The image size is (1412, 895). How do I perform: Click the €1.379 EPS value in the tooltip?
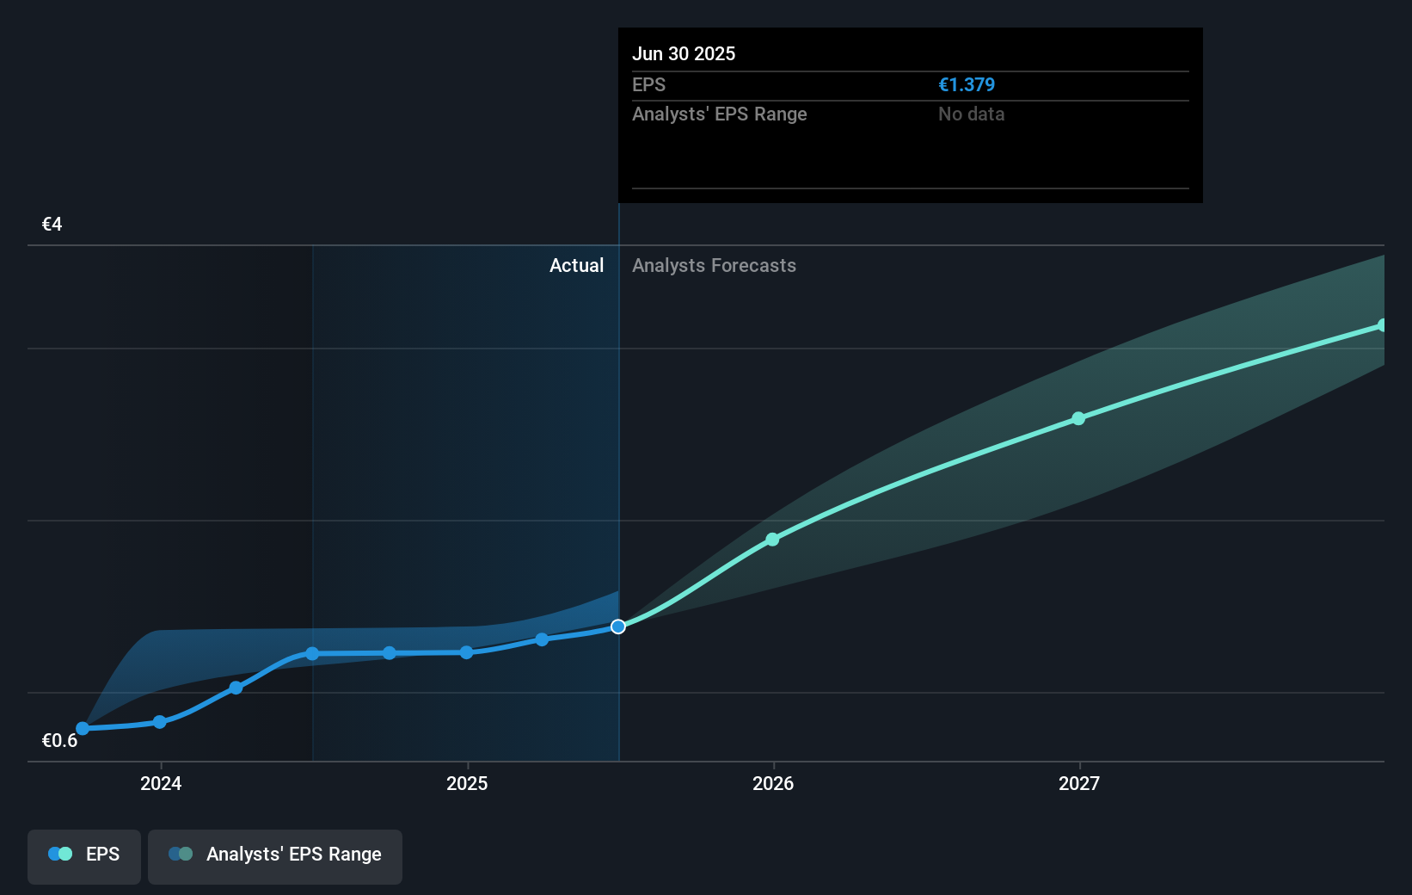pyautogui.click(x=966, y=85)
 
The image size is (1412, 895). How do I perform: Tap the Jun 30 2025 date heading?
pyautogui.click(x=684, y=54)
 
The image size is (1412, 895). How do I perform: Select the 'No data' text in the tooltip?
pyautogui.click(x=971, y=114)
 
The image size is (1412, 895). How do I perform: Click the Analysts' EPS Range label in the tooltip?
pyautogui.click(x=719, y=114)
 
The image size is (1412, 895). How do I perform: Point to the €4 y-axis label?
pyautogui.click(x=52, y=225)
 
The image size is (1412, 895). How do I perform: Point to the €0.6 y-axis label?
pyautogui.click(x=59, y=741)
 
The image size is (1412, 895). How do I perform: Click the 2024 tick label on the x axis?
pyautogui.click(x=161, y=783)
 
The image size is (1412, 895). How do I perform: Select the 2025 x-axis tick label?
pyautogui.click(x=467, y=783)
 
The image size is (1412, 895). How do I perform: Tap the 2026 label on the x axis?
pyautogui.click(x=773, y=783)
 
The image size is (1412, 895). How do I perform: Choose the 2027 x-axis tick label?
pyautogui.click(x=1079, y=783)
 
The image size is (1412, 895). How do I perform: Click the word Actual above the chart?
pyautogui.click(x=576, y=266)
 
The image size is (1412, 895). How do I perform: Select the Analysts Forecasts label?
pyautogui.click(x=714, y=266)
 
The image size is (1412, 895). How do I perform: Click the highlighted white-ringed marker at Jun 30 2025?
pyautogui.click(x=618, y=626)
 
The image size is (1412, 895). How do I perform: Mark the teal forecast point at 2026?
pyautogui.click(x=772, y=540)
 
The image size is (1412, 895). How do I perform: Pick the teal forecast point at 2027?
pyautogui.click(x=1078, y=418)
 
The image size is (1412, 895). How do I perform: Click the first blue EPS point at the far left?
pyautogui.click(x=83, y=729)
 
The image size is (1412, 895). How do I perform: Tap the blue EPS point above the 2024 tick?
pyautogui.click(x=160, y=722)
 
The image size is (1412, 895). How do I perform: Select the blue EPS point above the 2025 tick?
pyautogui.click(x=466, y=652)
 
